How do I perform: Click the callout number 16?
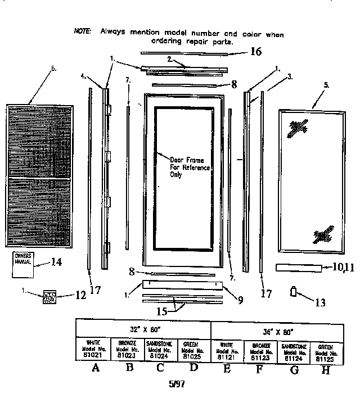tap(256, 52)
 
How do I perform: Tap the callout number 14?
tap(57, 261)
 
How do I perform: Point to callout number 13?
tap(320, 302)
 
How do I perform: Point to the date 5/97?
tap(177, 385)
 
